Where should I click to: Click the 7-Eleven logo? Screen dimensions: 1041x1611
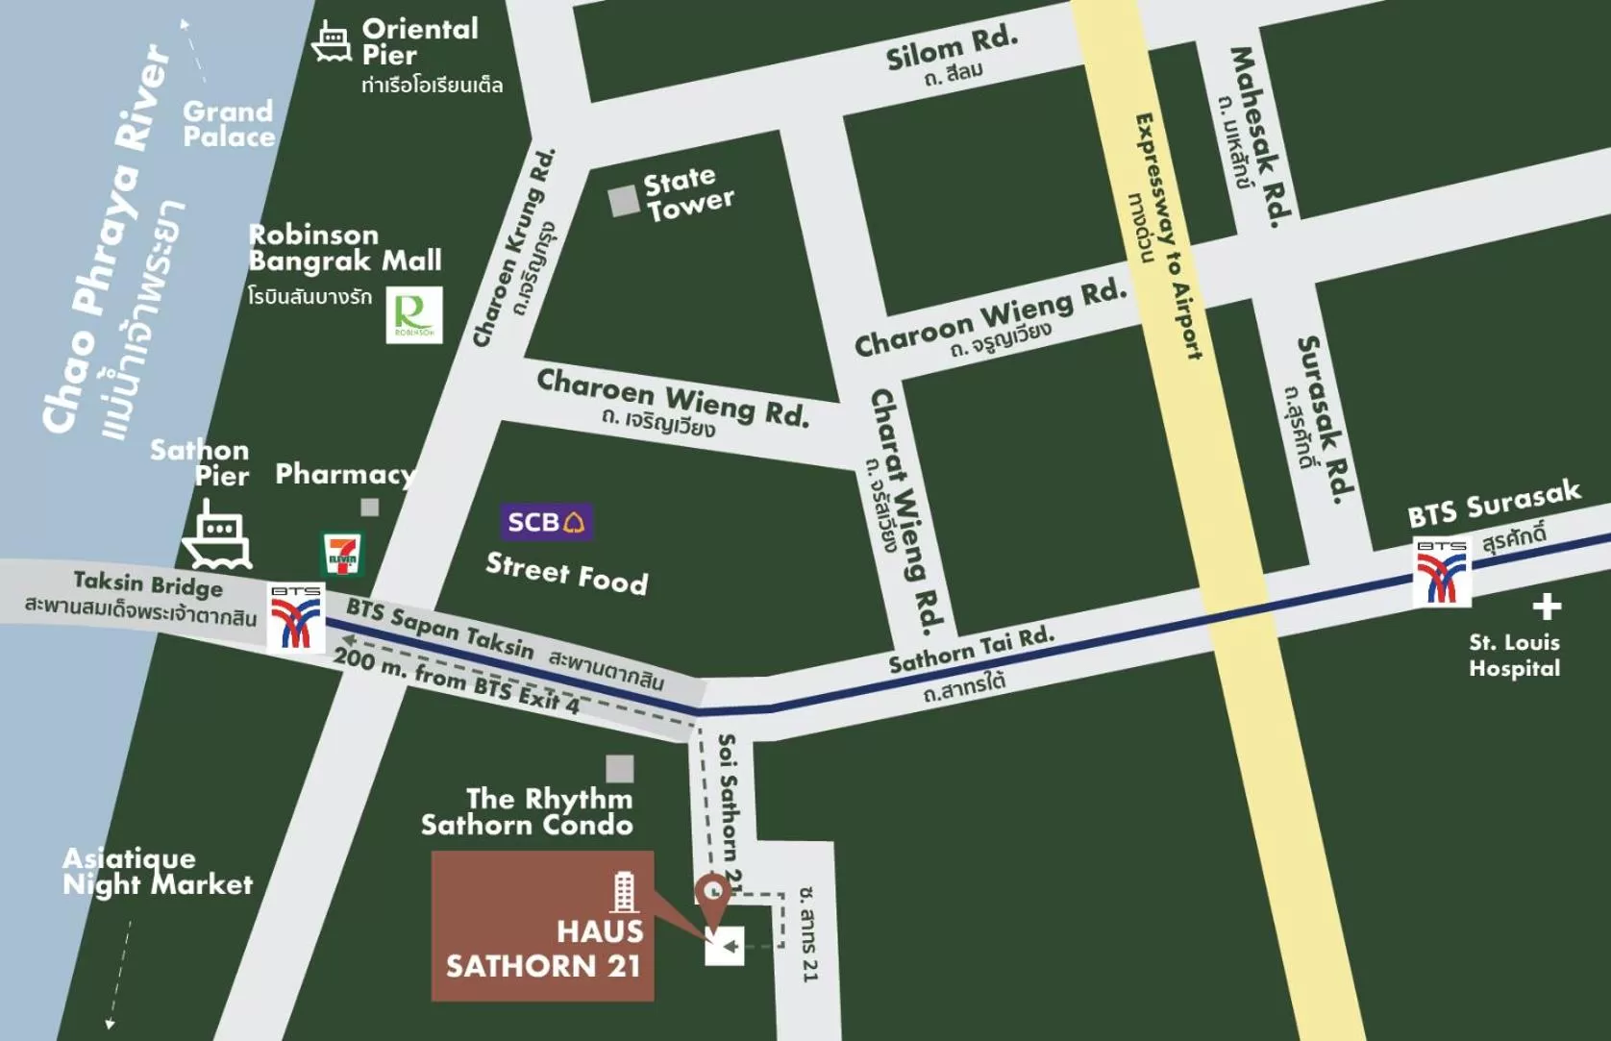coord(342,555)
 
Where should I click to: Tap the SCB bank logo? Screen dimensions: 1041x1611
coord(546,522)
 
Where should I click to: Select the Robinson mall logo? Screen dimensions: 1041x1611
coord(414,314)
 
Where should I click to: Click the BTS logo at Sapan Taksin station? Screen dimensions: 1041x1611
coord(296,618)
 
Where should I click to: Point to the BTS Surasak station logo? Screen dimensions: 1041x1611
coord(1442,573)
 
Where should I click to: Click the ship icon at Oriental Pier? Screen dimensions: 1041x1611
coord(332,42)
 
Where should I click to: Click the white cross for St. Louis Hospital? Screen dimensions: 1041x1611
coord(1547,607)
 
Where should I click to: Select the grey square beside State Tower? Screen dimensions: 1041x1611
coord(624,201)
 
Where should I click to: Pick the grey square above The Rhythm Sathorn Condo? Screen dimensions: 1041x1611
coord(620,768)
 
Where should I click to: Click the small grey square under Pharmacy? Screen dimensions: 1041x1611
coord(370,507)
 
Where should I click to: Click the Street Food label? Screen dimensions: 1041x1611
coord(566,574)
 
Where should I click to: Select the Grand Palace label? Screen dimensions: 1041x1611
coord(229,124)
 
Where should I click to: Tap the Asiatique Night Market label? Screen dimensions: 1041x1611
coord(157,872)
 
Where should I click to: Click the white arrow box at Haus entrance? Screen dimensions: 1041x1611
coord(725,946)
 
